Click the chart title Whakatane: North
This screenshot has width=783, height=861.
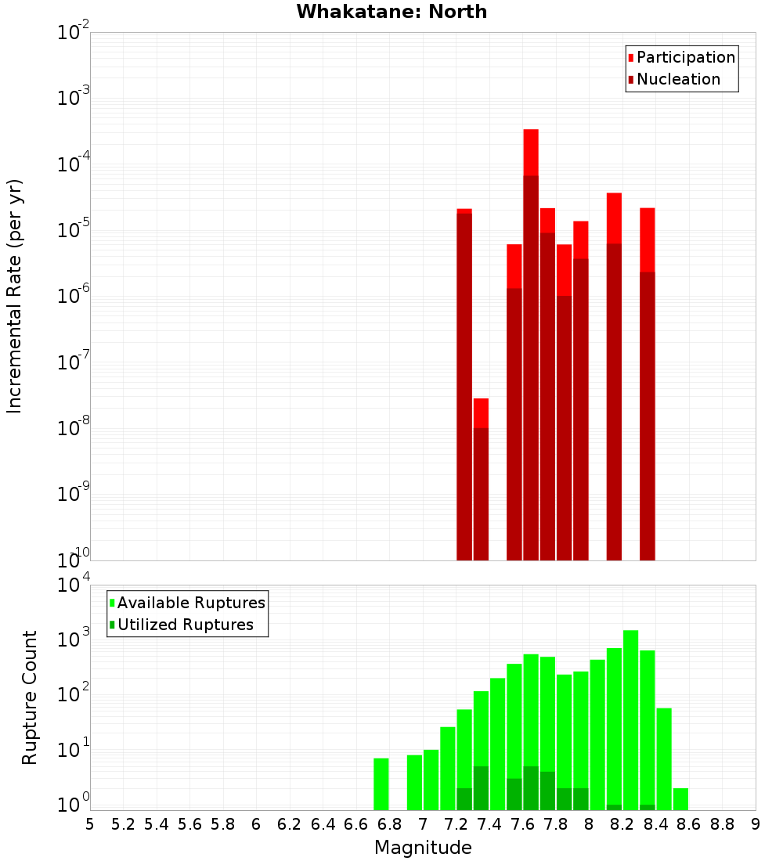pyautogui.click(x=391, y=12)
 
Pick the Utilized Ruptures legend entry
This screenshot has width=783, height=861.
pyautogui.click(x=185, y=625)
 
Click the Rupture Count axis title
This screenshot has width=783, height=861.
pyautogui.click(x=30, y=697)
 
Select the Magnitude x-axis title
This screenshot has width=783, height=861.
pyautogui.click(x=423, y=848)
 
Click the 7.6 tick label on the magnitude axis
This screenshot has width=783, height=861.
pyautogui.click(x=522, y=824)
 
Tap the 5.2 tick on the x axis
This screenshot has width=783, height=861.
pyautogui.click(x=123, y=824)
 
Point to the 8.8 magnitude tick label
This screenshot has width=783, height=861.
pyautogui.click(x=722, y=824)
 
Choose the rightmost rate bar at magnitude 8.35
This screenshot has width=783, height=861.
pyautogui.click(x=648, y=391)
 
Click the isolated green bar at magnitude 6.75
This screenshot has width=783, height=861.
pyautogui.click(x=381, y=784)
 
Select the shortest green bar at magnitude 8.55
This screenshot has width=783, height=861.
pyautogui.click(x=681, y=799)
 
